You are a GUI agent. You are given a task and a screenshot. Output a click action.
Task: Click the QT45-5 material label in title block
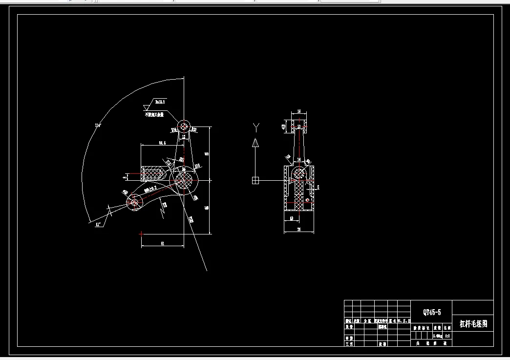click(432, 312)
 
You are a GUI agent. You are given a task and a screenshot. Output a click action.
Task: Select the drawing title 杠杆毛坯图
click(473, 323)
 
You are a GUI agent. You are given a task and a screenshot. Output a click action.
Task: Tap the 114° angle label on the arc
click(98, 126)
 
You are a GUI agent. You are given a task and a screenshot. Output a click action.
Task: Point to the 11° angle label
click(98, 224)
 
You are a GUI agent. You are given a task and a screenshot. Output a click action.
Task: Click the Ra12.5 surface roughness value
click(160, 102)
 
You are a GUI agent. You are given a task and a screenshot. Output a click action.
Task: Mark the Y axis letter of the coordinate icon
click(255, 128)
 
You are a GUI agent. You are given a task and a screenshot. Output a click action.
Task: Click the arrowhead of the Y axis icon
click(255, 143)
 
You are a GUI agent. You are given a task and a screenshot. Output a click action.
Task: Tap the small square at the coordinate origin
click(255, 180)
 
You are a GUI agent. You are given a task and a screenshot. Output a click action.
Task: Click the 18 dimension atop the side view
click(299, 112)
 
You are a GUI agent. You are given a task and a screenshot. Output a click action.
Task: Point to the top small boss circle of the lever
click(184, 126)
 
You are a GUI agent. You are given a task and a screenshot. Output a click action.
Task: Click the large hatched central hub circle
click(184, 181)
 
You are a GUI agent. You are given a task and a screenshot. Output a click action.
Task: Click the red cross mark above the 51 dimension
click(142, 233)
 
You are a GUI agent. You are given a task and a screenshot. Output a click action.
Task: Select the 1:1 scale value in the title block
click(447, 336)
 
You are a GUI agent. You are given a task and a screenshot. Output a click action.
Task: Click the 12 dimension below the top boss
click(184, 137)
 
